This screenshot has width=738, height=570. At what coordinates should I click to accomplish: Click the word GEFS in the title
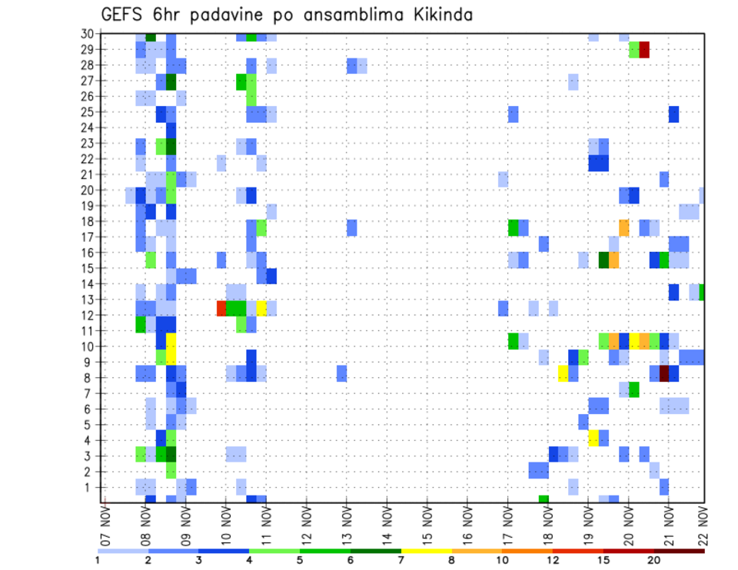[122, 15]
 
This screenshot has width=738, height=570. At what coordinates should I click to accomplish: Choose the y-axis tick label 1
[89, 486]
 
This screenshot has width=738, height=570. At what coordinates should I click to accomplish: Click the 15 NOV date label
[427, 524]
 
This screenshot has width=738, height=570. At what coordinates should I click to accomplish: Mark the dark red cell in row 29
[644, 49]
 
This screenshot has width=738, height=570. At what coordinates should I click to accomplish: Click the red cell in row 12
[221, 308]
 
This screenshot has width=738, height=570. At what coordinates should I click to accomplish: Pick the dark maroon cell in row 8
[664, 373]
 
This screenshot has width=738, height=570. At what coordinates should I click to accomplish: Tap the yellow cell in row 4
[593, 438]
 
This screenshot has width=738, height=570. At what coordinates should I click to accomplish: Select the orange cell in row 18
[623, 228]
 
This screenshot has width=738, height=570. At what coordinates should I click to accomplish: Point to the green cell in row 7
[634, 389]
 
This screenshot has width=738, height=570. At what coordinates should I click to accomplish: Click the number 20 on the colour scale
[654, 560]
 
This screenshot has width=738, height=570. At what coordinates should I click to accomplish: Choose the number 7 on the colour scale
[401, 560]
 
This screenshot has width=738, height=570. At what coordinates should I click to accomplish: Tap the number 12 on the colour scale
[553, 560]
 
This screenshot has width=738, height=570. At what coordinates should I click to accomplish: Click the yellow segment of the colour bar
[426, 550]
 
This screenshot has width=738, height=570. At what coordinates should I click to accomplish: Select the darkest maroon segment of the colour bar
[680, 550]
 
